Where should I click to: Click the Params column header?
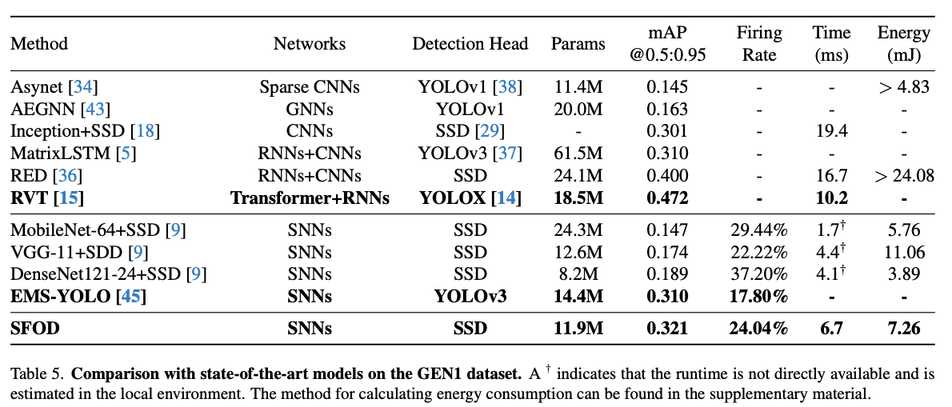pyautogui.click(x=578, y=44)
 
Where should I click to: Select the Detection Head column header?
pyautogui.click(x=470, y=44)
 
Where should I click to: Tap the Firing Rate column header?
pyautogui.click(x=759, y=44)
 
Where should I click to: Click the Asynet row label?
pyautogui.click(x=36, y=86)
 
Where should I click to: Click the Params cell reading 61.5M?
pyautogui.click(x=578, y=153)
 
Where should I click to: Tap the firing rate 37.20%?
pyautogui.click(x=759, y=274)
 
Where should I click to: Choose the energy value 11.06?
pyautogui.click(x=904, y=253)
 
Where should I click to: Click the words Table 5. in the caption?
pyautogui.click(x=32, y=373)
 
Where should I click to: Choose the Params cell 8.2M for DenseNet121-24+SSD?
pyautogui.click(x=578, y=274)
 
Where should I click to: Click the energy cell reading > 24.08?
pyautogui.click(x=903, y=174)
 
